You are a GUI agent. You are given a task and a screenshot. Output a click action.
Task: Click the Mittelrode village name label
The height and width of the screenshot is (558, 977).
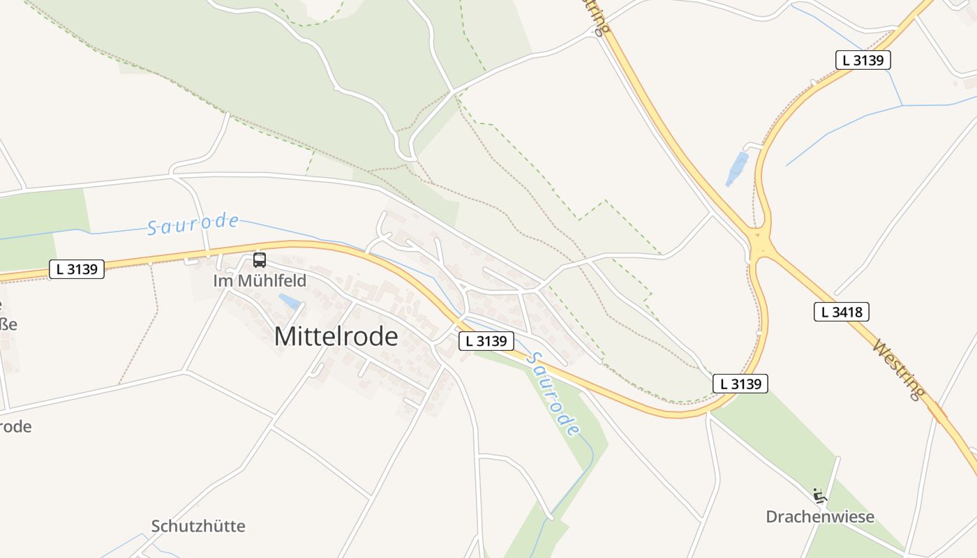click(336, 337)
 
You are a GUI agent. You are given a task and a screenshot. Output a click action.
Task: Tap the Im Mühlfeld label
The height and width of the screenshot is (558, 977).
click(260, 281)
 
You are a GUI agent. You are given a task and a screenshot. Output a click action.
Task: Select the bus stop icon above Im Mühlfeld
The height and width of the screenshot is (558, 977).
click(260, 260)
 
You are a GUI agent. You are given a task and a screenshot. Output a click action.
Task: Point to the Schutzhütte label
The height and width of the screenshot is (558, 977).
click(198, 526)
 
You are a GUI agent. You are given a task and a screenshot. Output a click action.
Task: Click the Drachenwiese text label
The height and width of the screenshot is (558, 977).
click(820, 517)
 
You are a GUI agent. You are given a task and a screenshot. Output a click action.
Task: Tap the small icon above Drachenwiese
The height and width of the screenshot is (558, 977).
click(819, 496)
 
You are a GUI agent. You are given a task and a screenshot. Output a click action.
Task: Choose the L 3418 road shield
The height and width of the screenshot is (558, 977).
click(841, 312)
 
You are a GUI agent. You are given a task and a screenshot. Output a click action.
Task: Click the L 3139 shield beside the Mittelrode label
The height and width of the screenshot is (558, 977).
click(486, 341)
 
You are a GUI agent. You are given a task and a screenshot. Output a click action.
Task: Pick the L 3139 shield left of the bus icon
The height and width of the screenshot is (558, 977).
click(77, 269)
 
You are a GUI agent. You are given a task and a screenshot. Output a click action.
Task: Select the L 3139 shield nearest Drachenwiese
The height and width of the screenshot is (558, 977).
click(740, 383)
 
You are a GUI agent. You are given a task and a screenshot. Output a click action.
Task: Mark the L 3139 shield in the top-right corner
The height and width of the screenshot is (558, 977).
click(863, 60)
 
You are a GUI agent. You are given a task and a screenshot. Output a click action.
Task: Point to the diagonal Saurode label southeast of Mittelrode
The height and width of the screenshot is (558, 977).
click(553, 393)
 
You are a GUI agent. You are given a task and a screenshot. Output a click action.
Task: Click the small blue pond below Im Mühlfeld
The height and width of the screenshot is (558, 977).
click(290, 301)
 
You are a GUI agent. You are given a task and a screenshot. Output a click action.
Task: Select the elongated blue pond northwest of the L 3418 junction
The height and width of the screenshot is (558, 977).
click(736, 169)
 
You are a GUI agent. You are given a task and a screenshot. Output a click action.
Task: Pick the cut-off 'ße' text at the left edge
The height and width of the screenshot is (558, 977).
click(7, 324)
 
